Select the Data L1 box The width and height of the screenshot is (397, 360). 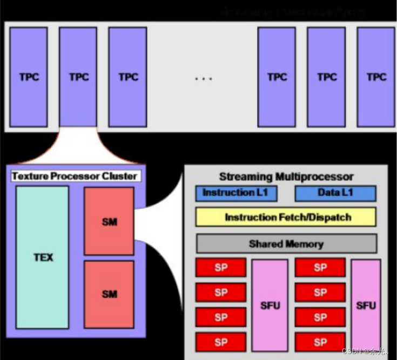335,193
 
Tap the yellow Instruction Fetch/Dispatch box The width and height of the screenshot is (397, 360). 286,218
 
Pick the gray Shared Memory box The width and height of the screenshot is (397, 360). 286,244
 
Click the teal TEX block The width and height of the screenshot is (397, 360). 43,257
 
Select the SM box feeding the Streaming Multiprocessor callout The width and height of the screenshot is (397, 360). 109,221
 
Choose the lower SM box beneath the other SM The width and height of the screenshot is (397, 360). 109,294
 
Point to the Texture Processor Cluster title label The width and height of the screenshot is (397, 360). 75,176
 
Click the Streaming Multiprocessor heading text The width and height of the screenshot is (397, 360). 286,176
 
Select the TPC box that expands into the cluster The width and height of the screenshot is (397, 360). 78,77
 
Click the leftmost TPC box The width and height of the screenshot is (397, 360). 29,77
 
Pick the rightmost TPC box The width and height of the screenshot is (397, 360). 376,77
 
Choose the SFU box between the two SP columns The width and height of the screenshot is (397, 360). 270,305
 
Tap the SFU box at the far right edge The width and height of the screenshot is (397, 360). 366,305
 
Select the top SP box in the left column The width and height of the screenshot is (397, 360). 221,268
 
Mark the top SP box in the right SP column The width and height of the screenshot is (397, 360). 320,268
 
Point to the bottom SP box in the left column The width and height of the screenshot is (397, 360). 221,342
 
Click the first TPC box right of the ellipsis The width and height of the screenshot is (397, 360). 277,77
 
